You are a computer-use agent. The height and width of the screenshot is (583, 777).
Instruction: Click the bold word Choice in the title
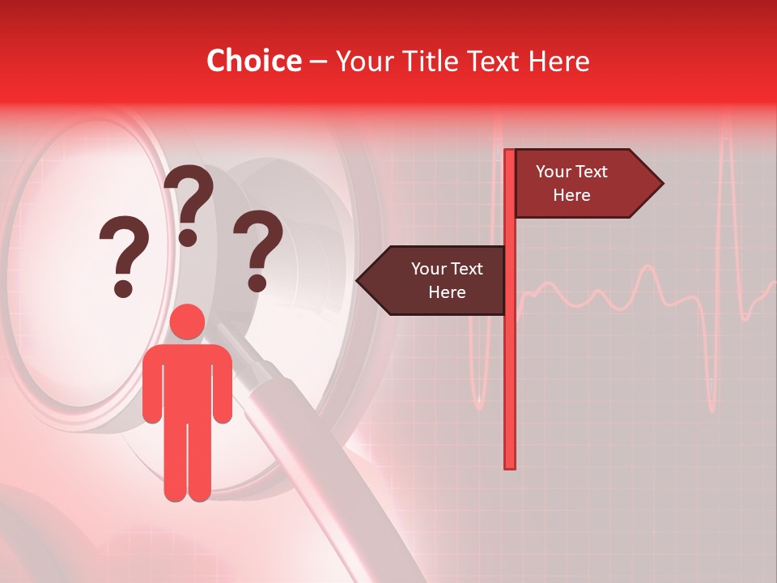[253, 62]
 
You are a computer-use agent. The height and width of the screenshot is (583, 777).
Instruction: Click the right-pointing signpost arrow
[583, 184]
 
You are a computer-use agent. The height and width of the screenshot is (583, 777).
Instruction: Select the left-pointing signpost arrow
[437, 280]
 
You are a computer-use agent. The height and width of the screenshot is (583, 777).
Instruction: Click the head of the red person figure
[188, 322]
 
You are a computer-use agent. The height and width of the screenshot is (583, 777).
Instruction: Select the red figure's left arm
[151, 385]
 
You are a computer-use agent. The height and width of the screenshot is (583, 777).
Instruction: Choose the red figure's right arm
[223, 385]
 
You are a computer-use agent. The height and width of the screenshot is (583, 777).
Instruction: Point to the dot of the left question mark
[123, 287]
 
